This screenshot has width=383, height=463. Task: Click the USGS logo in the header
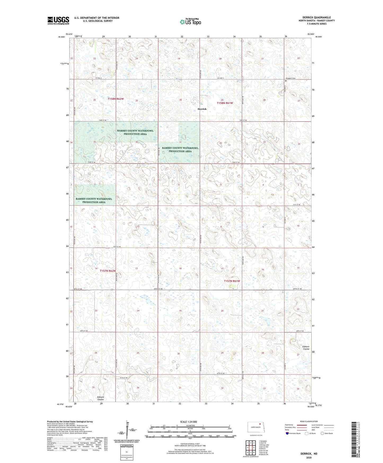pyautogui.click(x=58, y=20)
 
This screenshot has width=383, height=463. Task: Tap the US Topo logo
pyautogui.click(x=190, y=22)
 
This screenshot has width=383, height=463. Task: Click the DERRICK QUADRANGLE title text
pyautogui.click(x=316, y=18)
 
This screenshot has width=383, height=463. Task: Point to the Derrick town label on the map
pyautogui.click(x=202, y=109)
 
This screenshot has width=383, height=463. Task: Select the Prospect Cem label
pyautogui.click(x=290, y=78)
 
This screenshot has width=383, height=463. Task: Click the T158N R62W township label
pyautogui.click(x=116, y=99)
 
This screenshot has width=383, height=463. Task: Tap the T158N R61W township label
pyautogui.click(x=225, y=103)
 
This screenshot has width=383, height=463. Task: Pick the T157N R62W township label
pyautogui.click(x=108, y=271)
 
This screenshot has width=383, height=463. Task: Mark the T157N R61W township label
pyautogui.click(x=232, y=281)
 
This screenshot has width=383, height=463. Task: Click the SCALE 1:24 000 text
pyautogui.click(x=188, y=422)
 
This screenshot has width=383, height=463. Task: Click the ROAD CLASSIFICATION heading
pyautogui.click(x=309, y=421)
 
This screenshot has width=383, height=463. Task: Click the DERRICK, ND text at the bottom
pyautogui.click(x=309, y=454)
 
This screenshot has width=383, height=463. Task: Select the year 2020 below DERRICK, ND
pyautogui.click(x=309, y=457)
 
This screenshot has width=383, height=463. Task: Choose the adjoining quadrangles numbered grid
pyautogui.click(x=250, y=448)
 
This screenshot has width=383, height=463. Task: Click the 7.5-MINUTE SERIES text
pyautogui.click(x=316, y=24)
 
